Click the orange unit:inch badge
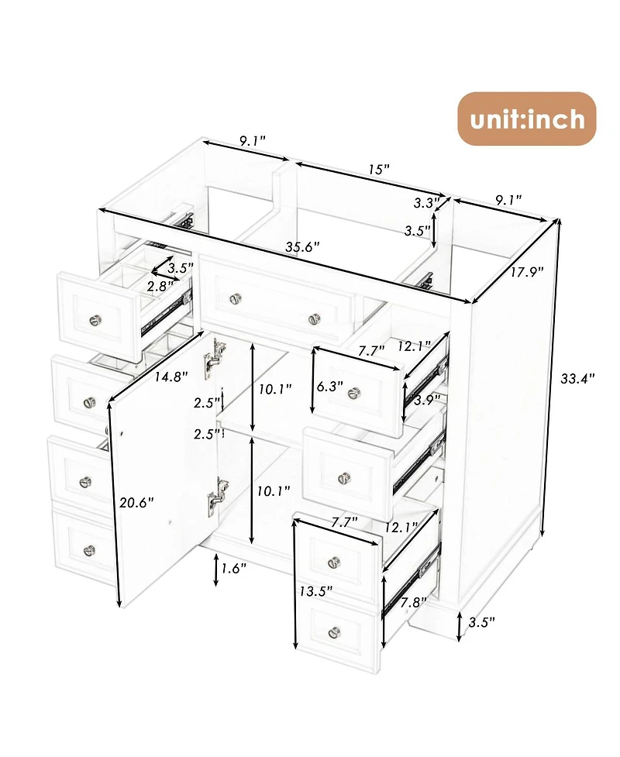526,119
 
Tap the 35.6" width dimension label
302,247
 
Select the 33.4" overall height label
577,379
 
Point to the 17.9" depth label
527,271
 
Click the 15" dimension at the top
379,169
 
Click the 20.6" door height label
137,501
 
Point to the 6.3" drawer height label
330,386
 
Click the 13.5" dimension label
316,591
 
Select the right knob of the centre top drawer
314,318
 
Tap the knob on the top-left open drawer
96,318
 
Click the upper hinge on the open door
209,358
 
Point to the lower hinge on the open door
216,493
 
